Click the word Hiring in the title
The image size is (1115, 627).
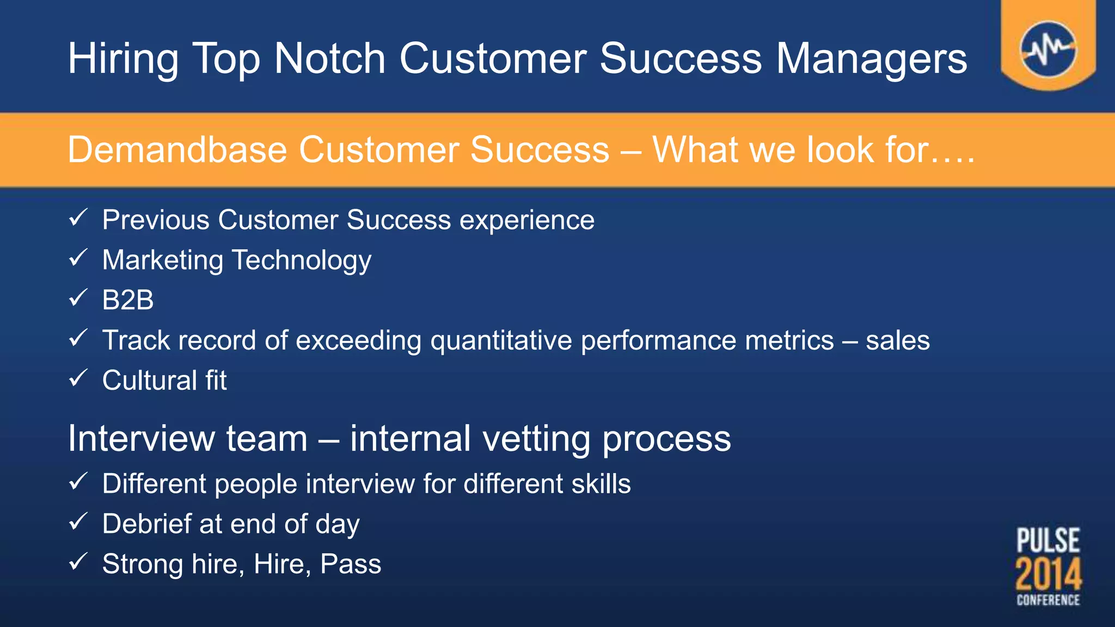pyautogui.click(x=123, y=59)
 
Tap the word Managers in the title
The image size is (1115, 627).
pyautogui.click(x=871, y=59)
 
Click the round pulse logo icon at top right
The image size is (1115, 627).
pyautogui.click(x=1048, y=50)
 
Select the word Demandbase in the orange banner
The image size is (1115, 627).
pyautogui.click(x=177, y=150)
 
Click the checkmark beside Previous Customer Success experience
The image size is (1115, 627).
pyautogui.click(x=78, y=218)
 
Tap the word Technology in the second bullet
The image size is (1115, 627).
pyautogui.click(x=302, y=261)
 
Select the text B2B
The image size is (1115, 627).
pyautogui.click(x=128, y=300)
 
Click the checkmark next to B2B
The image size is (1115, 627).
pyautogui.click(x=78, y=298)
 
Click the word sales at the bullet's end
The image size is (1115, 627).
pyautogui.click(x=897, y=341)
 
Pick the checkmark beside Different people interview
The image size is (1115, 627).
pyautogui.click(x=78, y=482)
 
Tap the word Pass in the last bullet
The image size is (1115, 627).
pyautogui.click(x=351, y=564)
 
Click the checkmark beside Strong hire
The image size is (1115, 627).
pyautogui.click(x=78, y=562)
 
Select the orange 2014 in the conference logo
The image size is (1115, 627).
pyautogui.click(x=1048, y=574)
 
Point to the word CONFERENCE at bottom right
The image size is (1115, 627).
pyautogui.click(x=1048, y=600)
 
